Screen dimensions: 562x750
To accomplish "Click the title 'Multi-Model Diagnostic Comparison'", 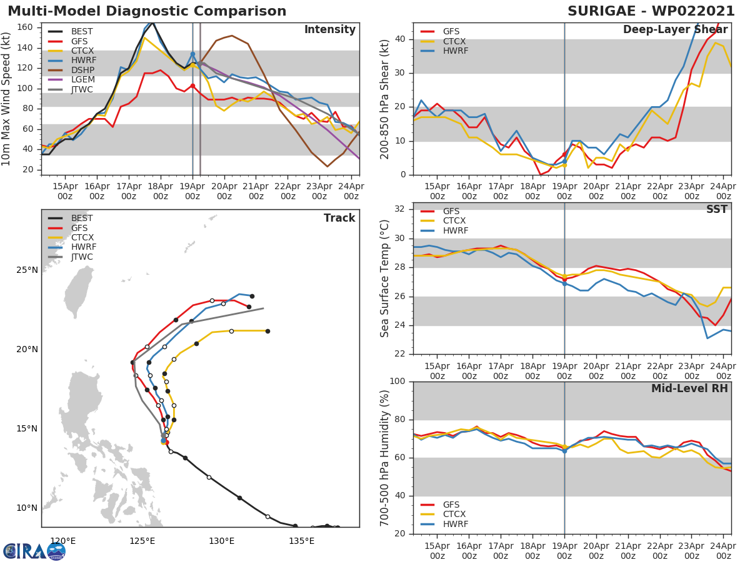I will coord(147,11).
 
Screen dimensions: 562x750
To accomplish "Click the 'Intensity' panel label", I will coord(329,30).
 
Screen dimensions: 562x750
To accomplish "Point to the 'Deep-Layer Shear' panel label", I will coord(676,30).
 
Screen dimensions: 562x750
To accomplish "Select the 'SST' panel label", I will coord(717,210).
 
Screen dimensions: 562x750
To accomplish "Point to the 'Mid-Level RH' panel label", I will coord(689,388).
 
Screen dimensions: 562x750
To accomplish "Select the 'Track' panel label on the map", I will coord(339,218).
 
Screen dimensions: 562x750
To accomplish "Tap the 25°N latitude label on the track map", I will coord(27,270).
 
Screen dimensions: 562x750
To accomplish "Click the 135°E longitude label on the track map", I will coord(302,541).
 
